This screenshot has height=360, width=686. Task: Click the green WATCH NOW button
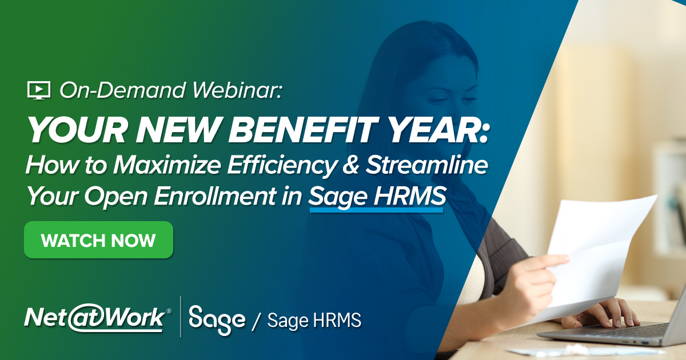(x=98, y=240)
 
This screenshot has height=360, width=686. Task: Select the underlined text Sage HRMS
(x=376, y=198)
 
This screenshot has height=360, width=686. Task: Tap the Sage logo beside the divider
(x=217, y=320)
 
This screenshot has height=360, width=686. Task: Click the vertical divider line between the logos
(x=181, y=317)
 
